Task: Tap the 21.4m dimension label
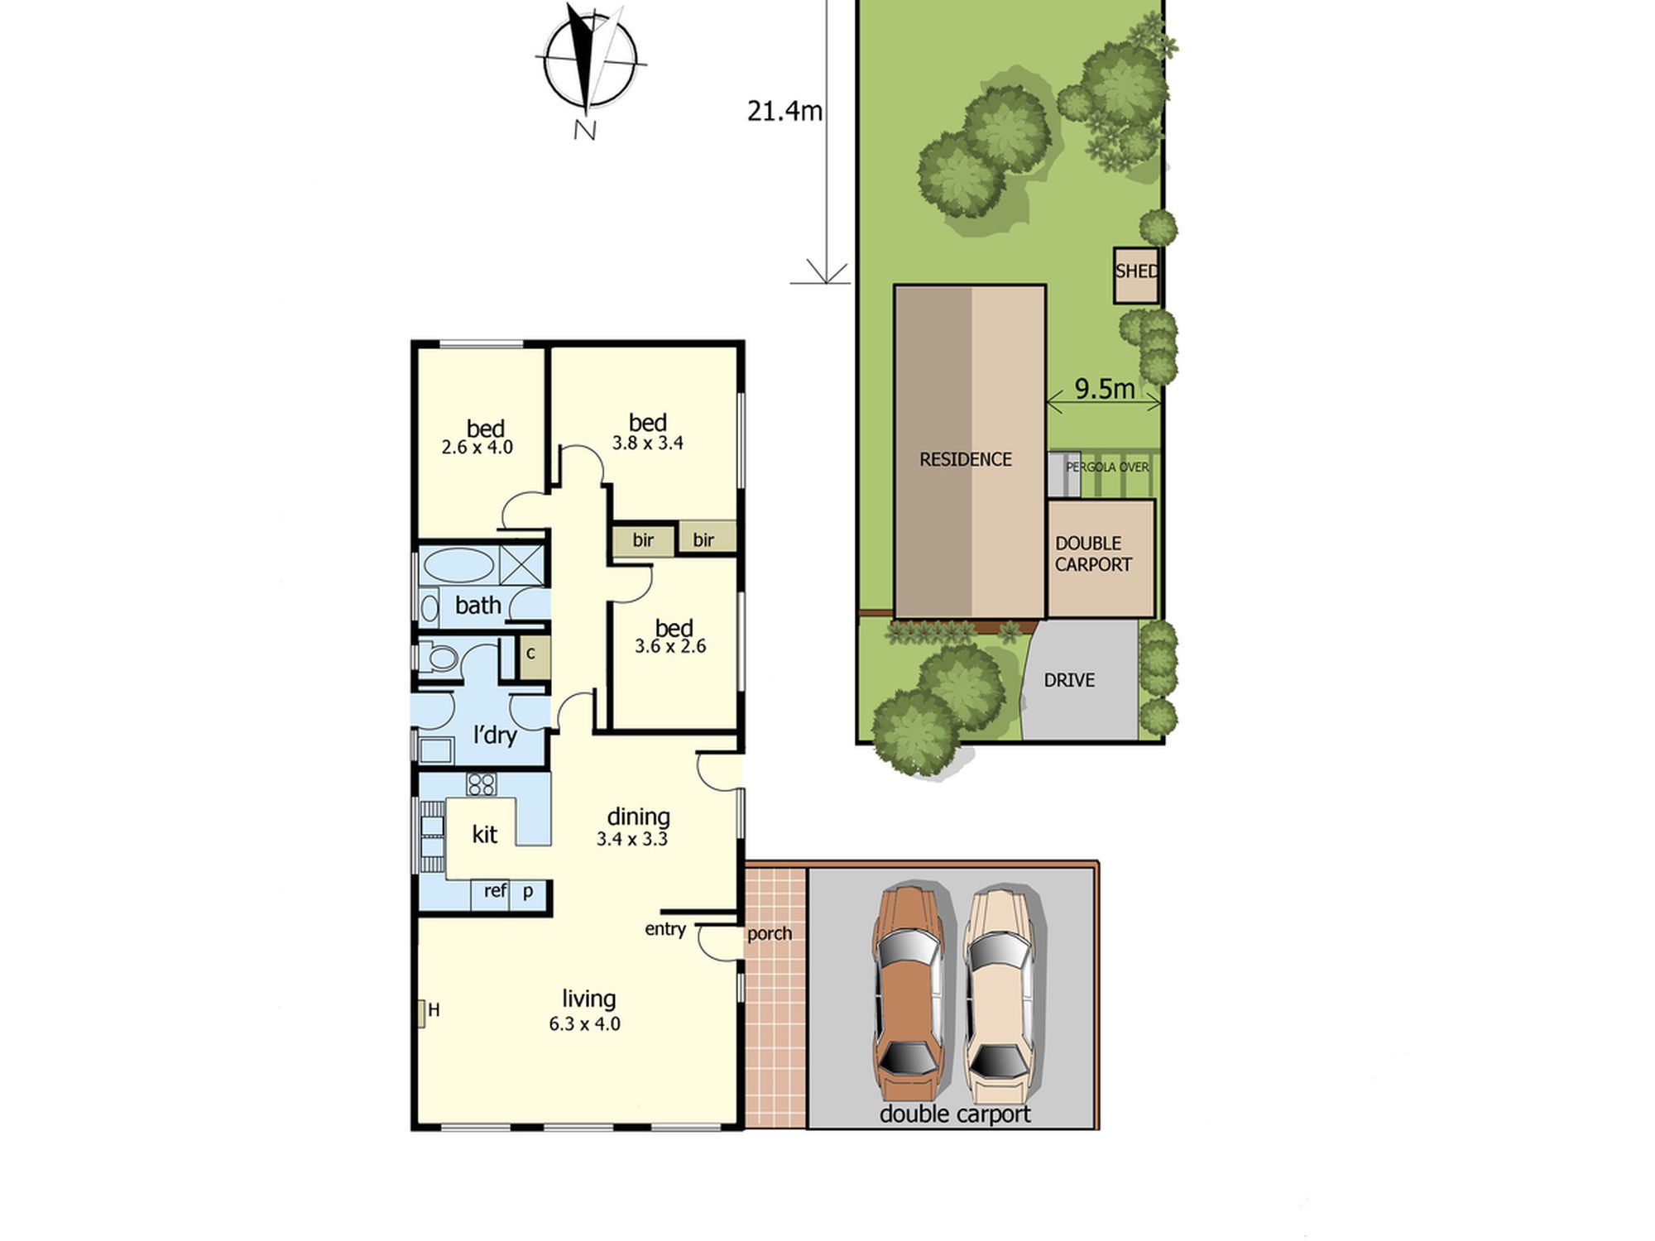click(x=784, y=111)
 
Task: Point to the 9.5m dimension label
click(x=1105, y=388)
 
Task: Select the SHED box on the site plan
click(x=1136, y=276)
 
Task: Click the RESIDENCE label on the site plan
click(x=966, y=459)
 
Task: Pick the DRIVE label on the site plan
click(x=1069, y=680)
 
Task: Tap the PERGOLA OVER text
click(x=1107, y=467)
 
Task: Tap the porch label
click(x=770, y=934)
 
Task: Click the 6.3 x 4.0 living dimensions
click(x=584, y=1024)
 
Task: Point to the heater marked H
click(x=422, y=1013)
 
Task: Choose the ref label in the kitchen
click(x=495, y=890)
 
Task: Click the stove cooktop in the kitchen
click(x=481, y=783)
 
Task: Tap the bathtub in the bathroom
click(x=458, y=566)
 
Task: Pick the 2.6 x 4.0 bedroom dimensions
click(x=477, y=448)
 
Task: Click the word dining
click(x=638, y=817)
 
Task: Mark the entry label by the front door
click(x=665, y=929)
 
